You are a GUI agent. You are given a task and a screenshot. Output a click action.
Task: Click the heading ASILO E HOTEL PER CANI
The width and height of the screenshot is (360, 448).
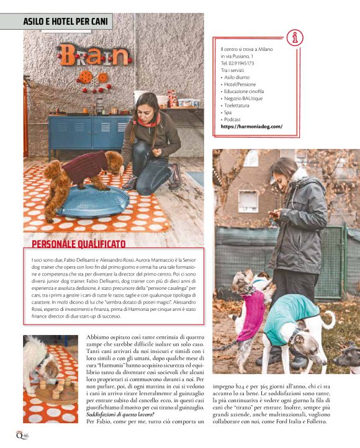coord(65,22)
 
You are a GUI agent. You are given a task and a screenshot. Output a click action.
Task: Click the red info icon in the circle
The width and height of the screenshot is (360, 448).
coord(295,37)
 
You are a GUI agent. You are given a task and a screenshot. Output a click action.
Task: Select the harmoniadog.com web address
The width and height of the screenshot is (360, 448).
coord(251,126)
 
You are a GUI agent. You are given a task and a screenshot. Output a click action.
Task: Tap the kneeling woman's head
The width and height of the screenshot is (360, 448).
coord(142,104)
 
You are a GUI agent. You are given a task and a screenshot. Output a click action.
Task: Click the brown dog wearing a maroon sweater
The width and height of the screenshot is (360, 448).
coord(81,174)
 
